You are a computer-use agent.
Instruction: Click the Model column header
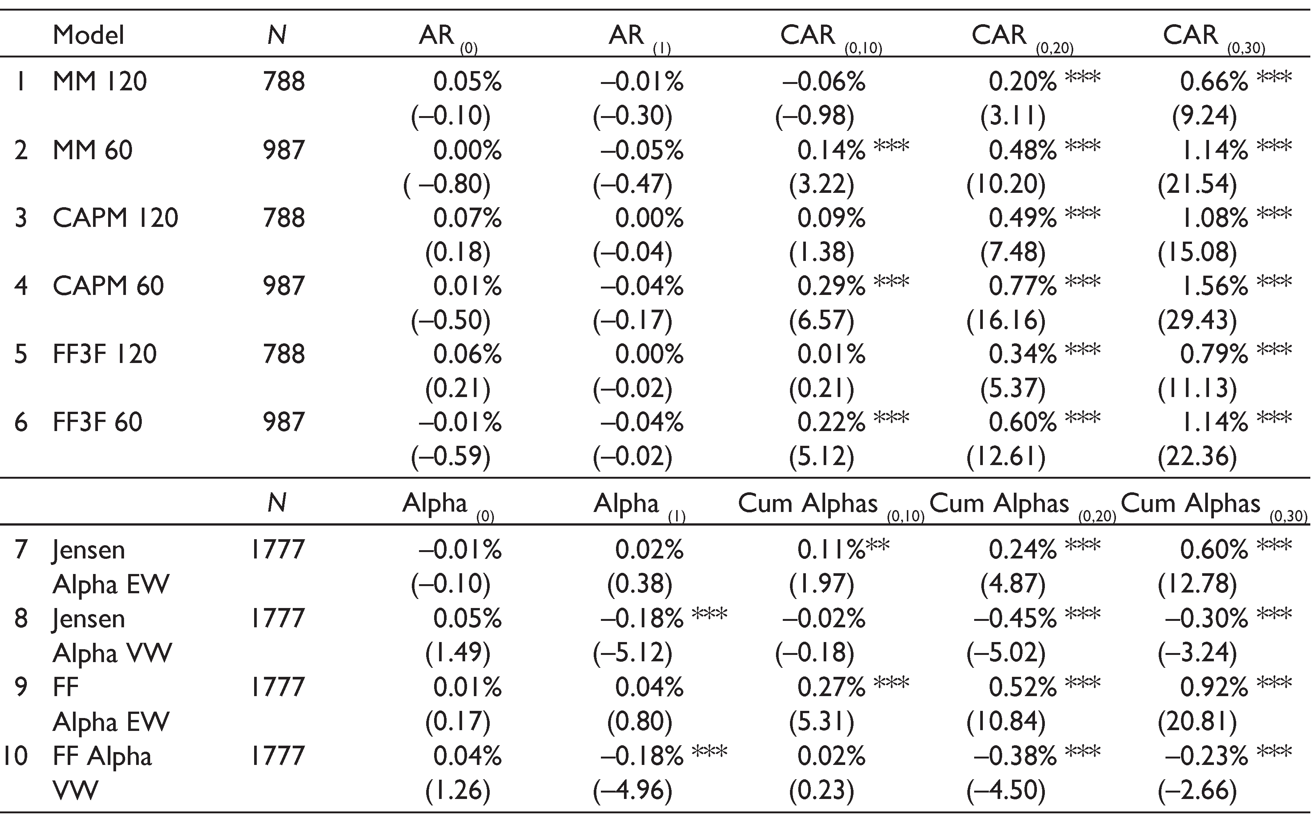(88, 35)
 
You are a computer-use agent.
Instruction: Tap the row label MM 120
(100, 81)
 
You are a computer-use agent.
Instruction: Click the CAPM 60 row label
(108, 285)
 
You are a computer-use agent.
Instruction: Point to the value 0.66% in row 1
(1214, 81)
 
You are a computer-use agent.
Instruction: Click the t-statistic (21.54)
(1197, 184)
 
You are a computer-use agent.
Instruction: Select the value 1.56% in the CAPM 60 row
(1214, 285)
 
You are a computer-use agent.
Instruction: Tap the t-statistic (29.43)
(1197, 320)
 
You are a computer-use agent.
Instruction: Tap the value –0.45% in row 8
(1015, 618)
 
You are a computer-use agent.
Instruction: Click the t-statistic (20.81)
(1197, 721)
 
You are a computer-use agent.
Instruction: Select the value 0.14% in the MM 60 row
(831, 150)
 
